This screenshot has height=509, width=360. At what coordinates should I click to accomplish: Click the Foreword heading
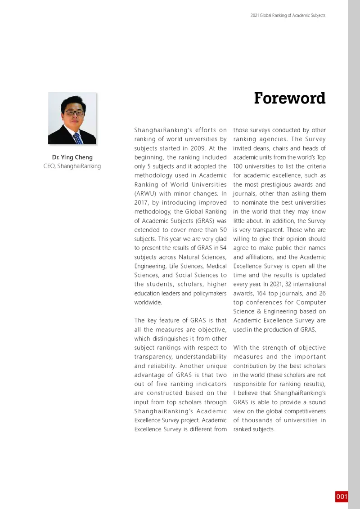pos(289,98)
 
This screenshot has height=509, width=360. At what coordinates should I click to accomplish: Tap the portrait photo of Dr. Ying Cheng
pos(72,118)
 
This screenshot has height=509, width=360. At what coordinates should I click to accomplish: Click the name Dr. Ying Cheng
pos(72,157)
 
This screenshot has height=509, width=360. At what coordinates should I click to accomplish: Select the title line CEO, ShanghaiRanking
pos(72,166)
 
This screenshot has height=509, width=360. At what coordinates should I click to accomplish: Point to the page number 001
pos(342,496)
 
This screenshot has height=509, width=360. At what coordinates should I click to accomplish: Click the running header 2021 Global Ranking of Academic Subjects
pos(288,15)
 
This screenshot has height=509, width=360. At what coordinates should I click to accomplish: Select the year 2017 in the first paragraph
pos(141,203)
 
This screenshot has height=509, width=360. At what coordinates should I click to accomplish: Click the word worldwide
pos(148,302)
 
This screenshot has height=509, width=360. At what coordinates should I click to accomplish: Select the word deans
pos(261,148)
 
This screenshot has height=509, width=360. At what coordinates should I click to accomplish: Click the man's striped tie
pos(78,138)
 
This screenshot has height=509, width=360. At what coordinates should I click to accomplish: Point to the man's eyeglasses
pos(73,112)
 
